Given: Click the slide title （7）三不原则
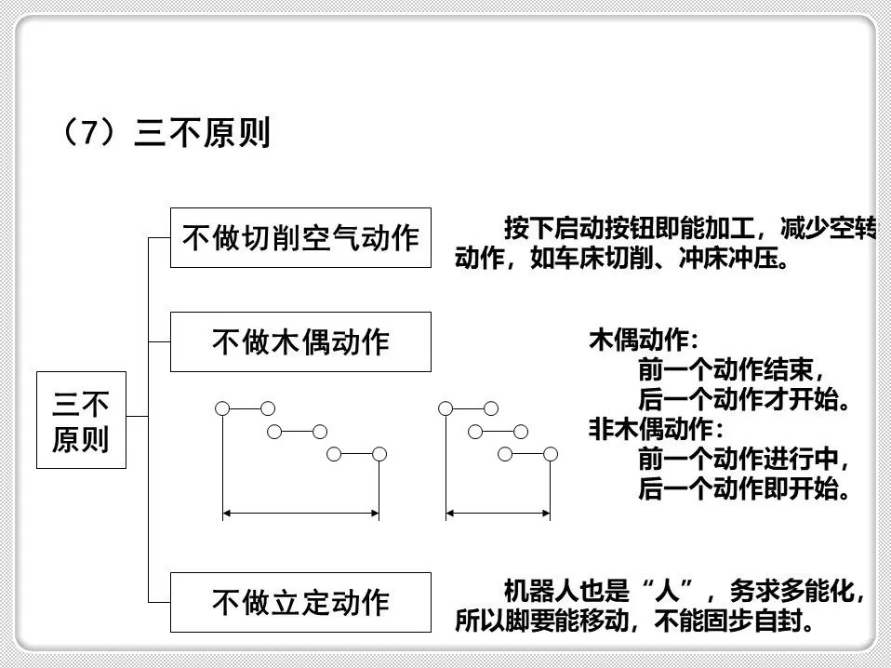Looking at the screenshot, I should (x=165, y=133).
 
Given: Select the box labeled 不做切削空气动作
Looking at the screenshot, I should (x=300, y=238).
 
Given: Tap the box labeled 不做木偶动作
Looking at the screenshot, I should (x=300, y=341).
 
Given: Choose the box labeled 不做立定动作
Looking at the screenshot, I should (x=300, y=602).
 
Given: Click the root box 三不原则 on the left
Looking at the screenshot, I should (x=81, y=421).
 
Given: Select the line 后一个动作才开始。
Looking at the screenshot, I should (x=745, y=400).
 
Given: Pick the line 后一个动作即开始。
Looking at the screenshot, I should (x=745, y=488).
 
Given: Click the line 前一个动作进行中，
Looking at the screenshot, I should (x=745, y=459).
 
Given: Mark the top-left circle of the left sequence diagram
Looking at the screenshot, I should (x=222, y=408).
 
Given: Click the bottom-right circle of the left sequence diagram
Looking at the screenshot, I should (x=379, y=454).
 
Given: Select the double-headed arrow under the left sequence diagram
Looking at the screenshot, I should (x=300, y=513).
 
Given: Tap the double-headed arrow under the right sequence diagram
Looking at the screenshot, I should (x=498, y=513).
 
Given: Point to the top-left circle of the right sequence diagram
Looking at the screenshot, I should (x=445, y=408).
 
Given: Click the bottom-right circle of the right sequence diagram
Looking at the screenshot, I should (x=551, y=454).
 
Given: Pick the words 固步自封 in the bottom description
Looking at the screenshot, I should (x=759, y=620).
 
